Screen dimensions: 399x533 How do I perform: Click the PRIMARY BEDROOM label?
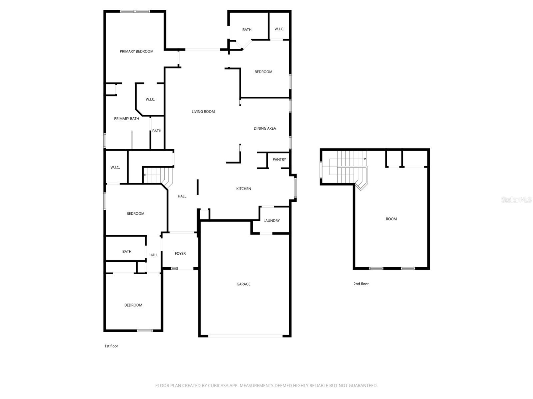tap(137, 52)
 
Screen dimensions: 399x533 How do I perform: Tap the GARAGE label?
tap(244, 284)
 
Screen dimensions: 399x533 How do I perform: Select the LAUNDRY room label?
tap(271, 221)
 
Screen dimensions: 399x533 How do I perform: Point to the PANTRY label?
tap(279, 160)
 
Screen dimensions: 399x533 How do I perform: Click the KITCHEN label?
tap(244, 189)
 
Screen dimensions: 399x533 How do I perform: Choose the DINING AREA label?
tap(265, 128)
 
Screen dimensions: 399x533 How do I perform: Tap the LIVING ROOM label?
tap(203, 112)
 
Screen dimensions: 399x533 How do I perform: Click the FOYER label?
tap(180, 254)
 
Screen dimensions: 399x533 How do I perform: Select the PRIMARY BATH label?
tap(127, 119)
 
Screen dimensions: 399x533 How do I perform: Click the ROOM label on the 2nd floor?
tap(391, 219)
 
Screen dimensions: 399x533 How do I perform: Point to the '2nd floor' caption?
tap(361, 284)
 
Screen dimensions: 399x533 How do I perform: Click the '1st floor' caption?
tap(111, 346)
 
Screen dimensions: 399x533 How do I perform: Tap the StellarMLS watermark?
tap(516, 199)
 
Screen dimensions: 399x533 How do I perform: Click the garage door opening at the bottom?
tap(246, 336)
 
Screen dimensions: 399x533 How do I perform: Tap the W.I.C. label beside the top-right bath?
tap(279, 29)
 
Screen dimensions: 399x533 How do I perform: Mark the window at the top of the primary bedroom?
tap(135, 12)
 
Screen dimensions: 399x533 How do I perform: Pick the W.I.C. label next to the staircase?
tap(115, 168)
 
